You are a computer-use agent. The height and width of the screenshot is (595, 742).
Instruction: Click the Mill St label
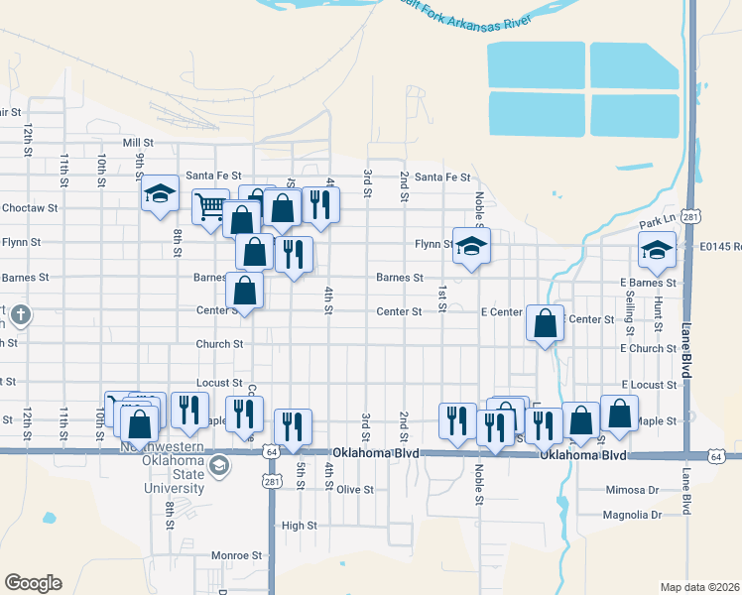[x=137, y=143]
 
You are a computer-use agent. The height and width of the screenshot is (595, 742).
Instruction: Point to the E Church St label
[x=648, y=348]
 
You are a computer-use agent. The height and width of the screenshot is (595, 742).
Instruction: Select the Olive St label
[x=354, y=490]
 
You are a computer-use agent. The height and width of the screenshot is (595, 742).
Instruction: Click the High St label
[x=299, y=526]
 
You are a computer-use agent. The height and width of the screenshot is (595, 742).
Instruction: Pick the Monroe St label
[x=242, y=556]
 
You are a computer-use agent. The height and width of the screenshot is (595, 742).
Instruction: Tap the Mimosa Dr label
[x=632, y=490]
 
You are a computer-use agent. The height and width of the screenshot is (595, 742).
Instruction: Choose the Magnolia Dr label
[x=632, y=515]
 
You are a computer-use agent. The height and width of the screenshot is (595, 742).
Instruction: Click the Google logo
[x=33, y=583]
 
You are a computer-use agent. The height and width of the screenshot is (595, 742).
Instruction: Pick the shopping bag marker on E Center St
[x=545, y=322]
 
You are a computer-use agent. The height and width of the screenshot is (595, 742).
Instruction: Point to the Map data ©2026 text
[x=699, y=587]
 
